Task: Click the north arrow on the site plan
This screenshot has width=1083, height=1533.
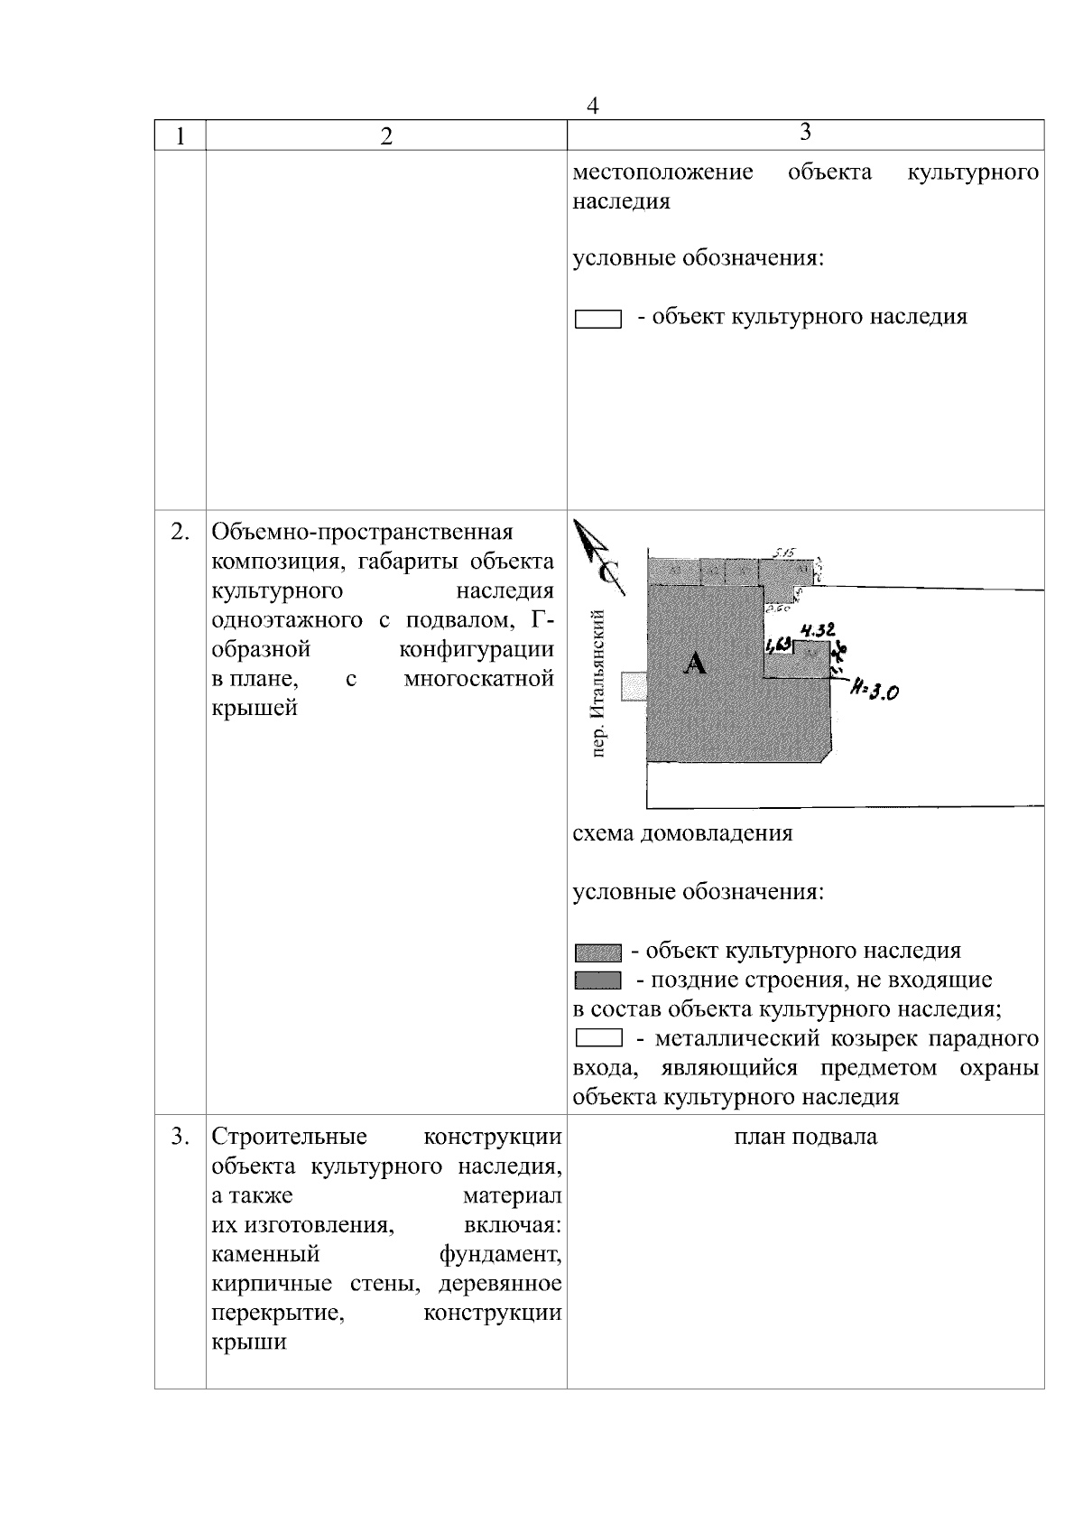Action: pos(598,556)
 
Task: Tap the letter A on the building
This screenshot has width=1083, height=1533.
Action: pos(695,664)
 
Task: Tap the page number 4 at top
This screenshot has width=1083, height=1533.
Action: pos(593,106)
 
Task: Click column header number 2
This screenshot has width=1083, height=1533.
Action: pos(386,136)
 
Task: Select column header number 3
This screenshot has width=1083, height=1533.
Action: pos(805,132)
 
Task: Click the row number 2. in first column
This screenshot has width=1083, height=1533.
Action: pos(180,532)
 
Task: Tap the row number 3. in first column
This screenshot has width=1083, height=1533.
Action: pos(180,1137)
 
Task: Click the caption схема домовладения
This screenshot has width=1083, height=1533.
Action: pos(683,833)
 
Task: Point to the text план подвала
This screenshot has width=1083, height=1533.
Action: pos(805,1137)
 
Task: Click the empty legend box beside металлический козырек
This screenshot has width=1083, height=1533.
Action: pos(597,1039)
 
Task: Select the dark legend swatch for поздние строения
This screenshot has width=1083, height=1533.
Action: pos(597,980)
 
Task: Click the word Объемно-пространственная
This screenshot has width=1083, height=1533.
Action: pos(362,532)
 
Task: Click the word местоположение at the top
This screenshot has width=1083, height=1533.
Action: pos(663,172)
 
